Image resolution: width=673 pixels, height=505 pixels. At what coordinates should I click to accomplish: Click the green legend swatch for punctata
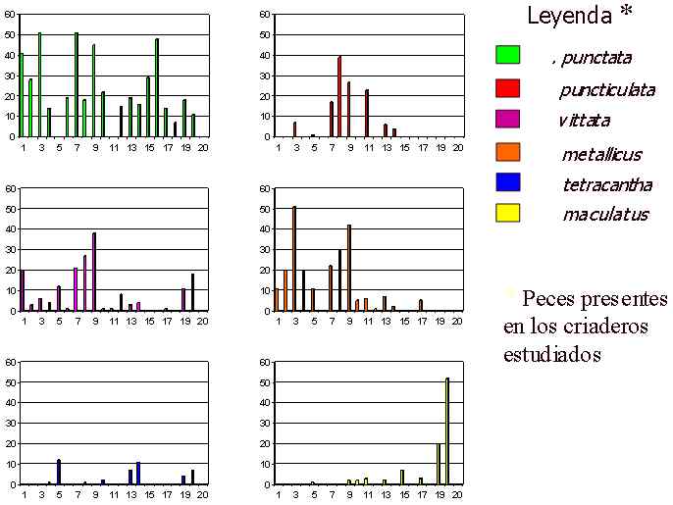click(x=507, y=55)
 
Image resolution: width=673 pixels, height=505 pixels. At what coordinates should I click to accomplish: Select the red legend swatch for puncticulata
click(x=507, y=87)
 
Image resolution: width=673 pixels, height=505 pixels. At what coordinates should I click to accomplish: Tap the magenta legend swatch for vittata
click(x=507, y=120)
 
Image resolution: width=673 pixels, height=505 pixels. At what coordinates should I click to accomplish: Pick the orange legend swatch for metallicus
click(x=507, y=151)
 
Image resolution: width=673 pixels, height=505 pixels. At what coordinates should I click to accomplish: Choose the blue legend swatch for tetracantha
click(x=507, y=181)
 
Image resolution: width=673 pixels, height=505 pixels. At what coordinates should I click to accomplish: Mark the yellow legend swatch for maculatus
click(x=507, y=212)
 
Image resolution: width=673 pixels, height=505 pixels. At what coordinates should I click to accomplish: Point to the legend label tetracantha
click(x=606, y=183)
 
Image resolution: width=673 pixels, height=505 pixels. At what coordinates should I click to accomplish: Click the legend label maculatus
click(x=604, y=214)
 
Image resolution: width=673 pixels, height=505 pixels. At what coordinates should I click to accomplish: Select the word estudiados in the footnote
click(x=552, y=354)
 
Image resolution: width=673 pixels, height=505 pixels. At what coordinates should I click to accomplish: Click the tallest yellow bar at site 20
click(x=447, y=430)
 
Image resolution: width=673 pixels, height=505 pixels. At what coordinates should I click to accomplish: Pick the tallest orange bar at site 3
click(x=294, y=259)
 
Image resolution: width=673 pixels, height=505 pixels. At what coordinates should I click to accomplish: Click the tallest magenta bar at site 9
click(x=94, y=272)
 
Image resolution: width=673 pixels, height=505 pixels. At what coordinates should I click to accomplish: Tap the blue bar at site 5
click(x=59, y=472)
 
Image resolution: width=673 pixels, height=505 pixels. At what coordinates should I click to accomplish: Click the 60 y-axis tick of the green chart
click(x=10, y=15)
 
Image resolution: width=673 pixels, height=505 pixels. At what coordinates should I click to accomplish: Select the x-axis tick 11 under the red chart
click(x=367, y=147)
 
